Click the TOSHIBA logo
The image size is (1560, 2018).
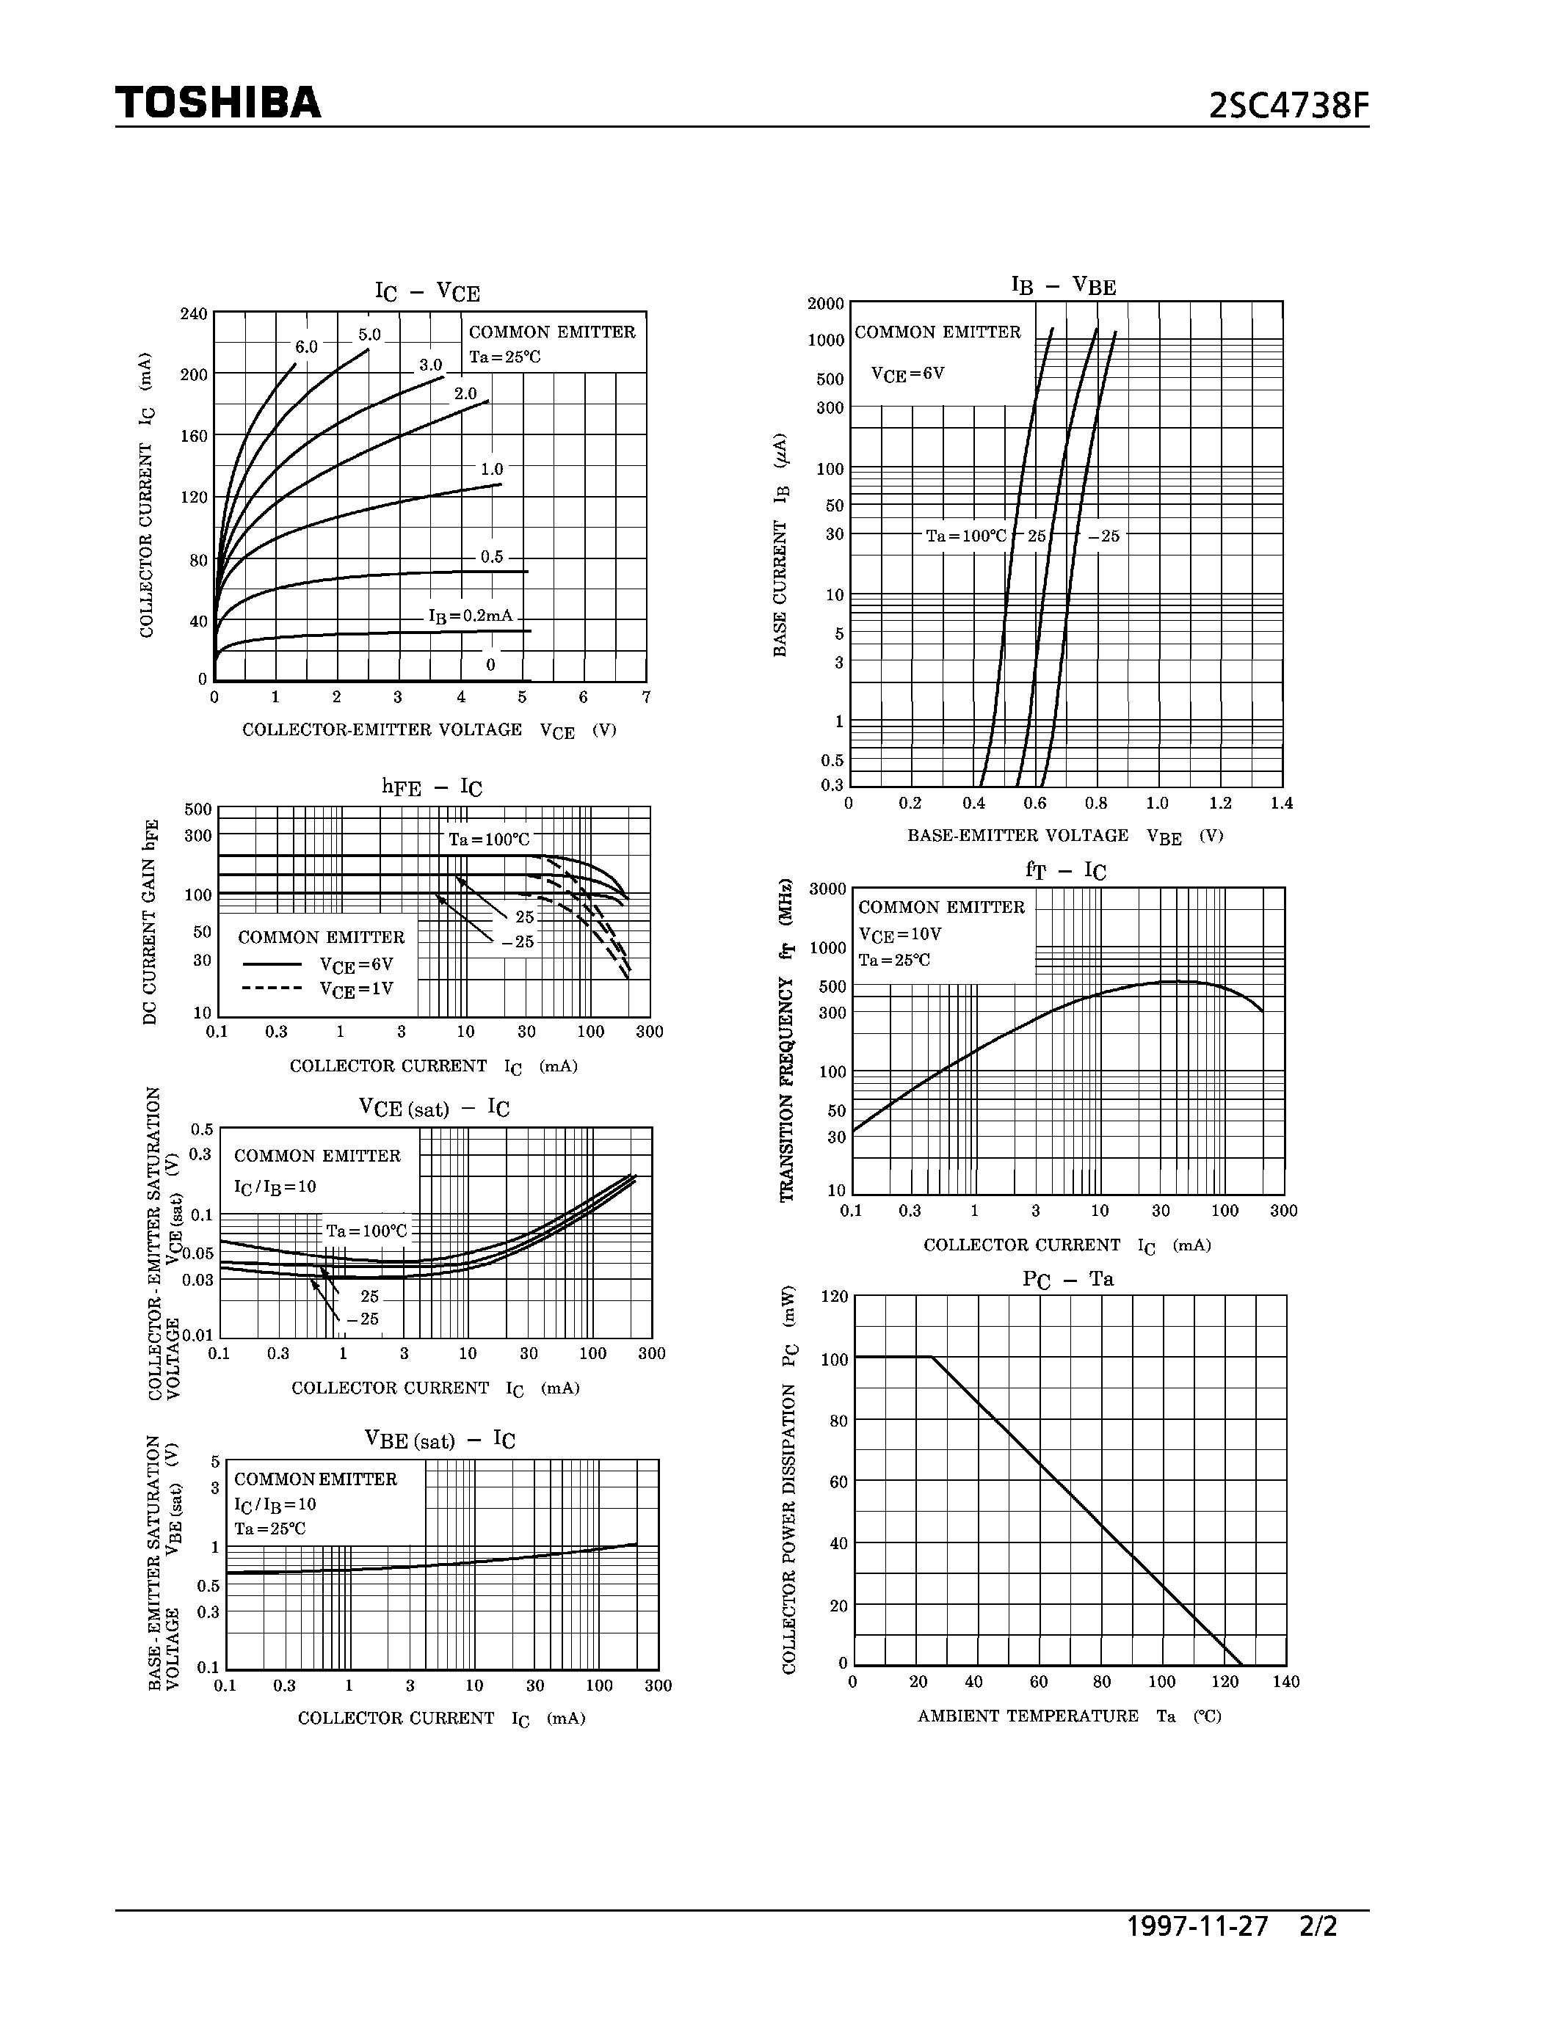(218, 103)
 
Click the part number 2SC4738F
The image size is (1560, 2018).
(1288, 107)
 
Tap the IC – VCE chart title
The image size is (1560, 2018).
(427, 292)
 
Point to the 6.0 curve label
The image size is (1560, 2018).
(306, 347)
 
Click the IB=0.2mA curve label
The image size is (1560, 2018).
(470, 616)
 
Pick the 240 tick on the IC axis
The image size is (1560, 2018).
(193, 314)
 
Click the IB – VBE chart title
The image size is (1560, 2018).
(1064, 285)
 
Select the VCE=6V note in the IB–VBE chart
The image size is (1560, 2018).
(907, 374)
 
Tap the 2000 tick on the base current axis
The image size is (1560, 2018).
(825, 304)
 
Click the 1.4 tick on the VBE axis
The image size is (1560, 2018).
(1281, 803)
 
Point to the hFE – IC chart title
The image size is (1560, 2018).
(432, 787)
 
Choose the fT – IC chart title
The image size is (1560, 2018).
(1064, 870)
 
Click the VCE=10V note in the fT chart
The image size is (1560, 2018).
(899, 934)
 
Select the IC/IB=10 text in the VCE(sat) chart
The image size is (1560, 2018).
(275, 1187)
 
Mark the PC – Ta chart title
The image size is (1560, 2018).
(1067, 1279)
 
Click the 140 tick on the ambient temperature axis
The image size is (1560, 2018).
(1285, 1682)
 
